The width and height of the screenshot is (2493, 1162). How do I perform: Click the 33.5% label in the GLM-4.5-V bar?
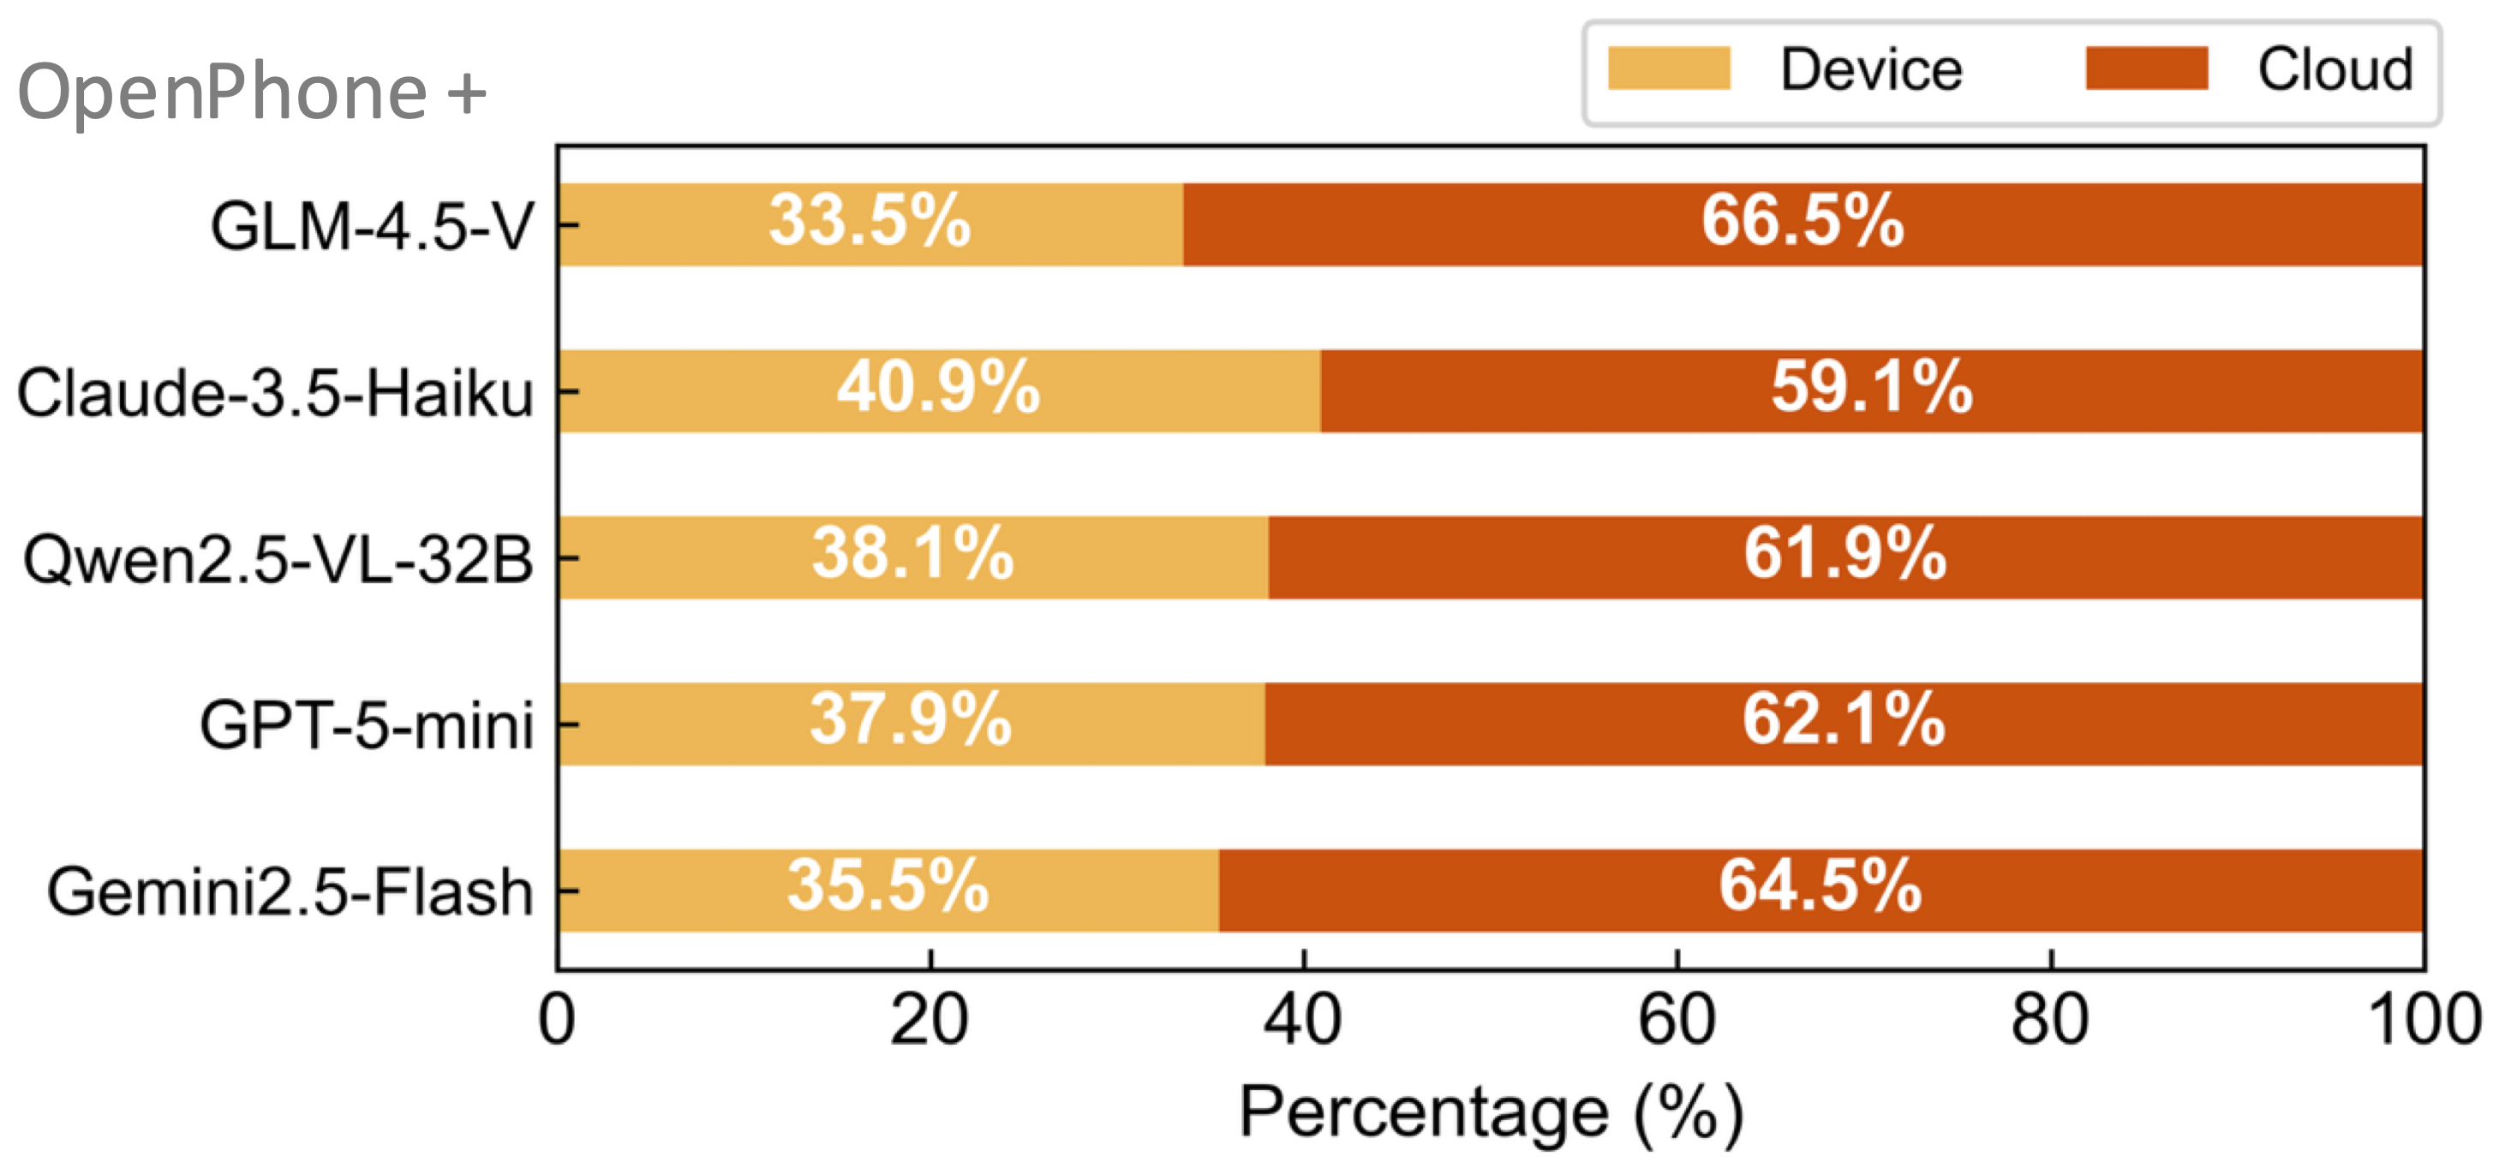[x=869, y=222]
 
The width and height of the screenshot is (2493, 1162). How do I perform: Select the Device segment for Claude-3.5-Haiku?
[x=940, y=390]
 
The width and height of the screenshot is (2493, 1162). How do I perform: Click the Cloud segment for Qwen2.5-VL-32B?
[x=1845, y=557]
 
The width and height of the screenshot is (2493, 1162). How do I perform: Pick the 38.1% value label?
[x=912, y=554]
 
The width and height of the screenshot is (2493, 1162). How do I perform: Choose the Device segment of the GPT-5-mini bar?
[x=912, y=724]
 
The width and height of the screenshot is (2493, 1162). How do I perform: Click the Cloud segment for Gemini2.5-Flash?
[x=1820, y=891]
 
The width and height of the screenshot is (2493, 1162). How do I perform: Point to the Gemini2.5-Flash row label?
[x=290, y=892]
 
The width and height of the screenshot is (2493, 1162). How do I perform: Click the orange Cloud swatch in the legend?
[x=2147, y=69]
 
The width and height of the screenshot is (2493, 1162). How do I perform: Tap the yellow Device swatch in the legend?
[x=1669, y=69]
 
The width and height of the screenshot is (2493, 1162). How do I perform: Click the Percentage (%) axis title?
[x=1492, y=1114]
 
